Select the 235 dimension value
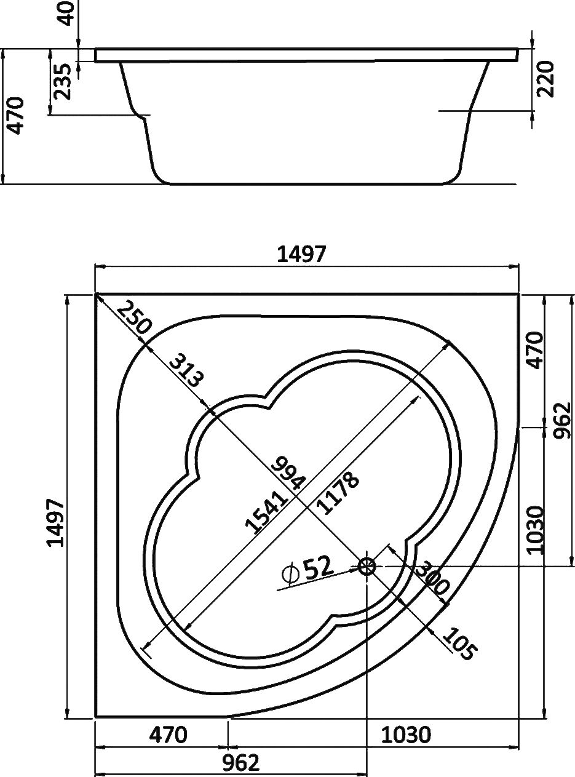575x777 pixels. [63, 81]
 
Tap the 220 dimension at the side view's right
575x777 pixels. [546, 79]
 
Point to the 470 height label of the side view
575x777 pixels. [16, 116]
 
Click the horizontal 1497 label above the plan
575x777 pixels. [301, 254]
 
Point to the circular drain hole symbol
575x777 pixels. [367, 566]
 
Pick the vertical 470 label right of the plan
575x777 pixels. [536, 350]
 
